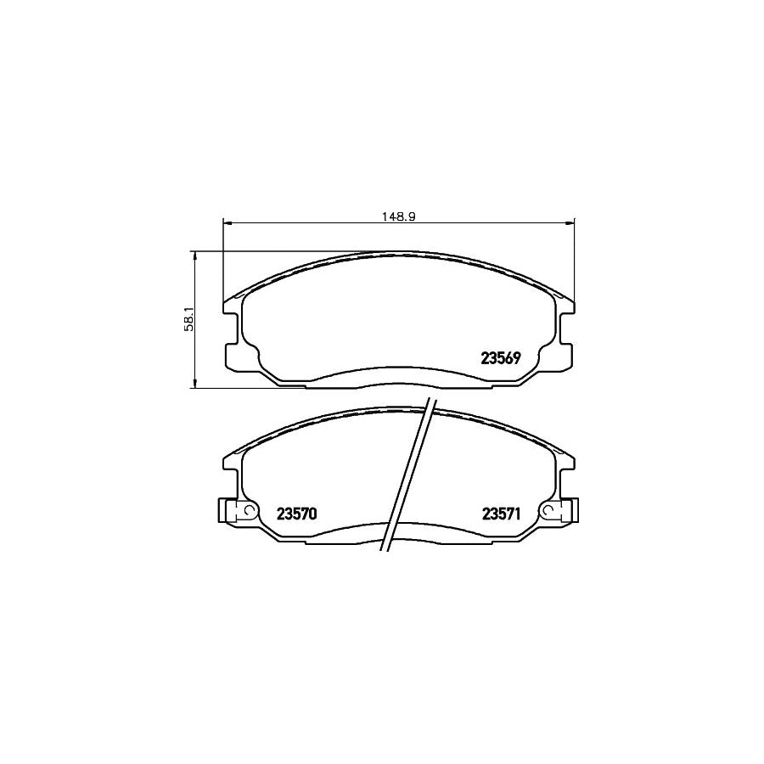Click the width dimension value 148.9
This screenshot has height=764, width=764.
(x=397, y=216)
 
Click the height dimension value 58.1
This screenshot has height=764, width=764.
(x=190, y=318)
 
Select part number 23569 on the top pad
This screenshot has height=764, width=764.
(x=501, y=358)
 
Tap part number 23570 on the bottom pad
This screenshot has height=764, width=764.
(x=296, y=513)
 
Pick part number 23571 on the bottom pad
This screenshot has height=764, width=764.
(x=501, y=513)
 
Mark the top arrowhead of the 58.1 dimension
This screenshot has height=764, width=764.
(x=196, y=255)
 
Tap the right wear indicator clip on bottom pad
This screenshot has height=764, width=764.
(x=562, y=511)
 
